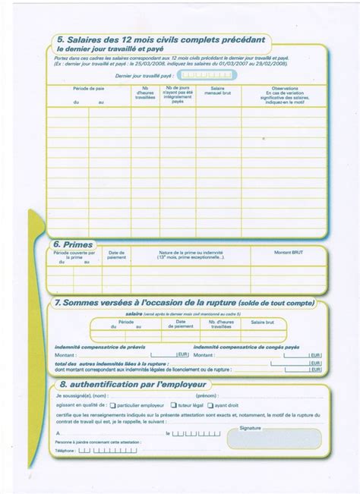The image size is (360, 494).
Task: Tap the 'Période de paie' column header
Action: tap(89, 89)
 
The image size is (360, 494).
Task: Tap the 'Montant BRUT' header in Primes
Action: tap(289, 252)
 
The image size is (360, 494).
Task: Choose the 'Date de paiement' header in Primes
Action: tap(116, 255)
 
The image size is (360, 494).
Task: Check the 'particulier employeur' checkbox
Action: tap(113, 405)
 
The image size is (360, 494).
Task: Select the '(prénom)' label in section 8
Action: tap(206, 395)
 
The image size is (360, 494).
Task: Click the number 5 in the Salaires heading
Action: tap(59, 39)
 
